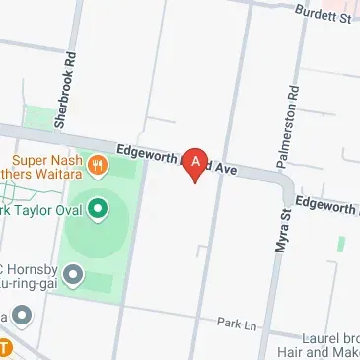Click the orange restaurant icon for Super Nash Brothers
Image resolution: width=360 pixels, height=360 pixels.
(x=97, y=166)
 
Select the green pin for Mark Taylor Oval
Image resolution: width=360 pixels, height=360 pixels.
(x=97, y=208)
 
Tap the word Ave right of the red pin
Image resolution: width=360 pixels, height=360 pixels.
(x=227, y=169)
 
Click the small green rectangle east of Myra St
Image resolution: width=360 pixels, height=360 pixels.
(x=341, y=242)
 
